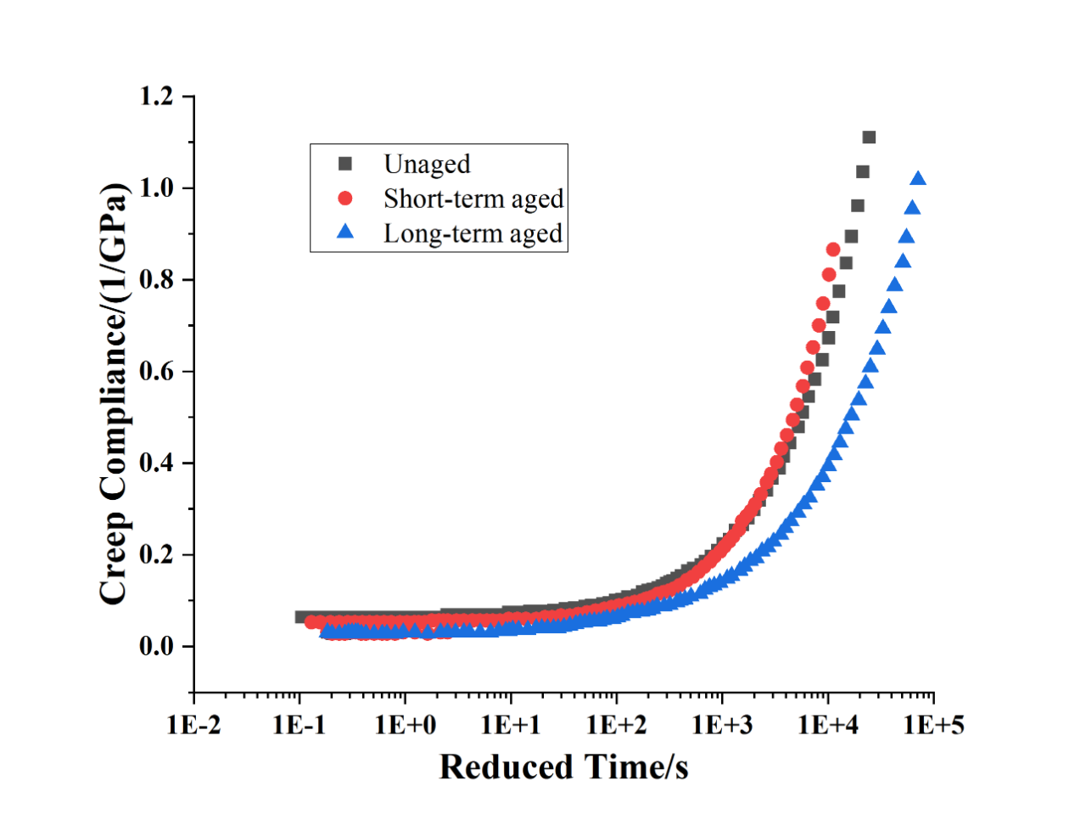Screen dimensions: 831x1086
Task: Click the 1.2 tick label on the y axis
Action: click(x=155, y=97)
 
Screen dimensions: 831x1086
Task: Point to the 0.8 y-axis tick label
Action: click(x=155, y=280)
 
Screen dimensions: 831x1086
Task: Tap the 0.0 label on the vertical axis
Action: click(x=155, y=647)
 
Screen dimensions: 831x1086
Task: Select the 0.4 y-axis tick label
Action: click(x=155, y=463)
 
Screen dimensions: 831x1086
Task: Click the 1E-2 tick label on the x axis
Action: click(x=193, y=725)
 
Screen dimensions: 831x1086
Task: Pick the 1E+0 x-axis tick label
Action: click(x=406, y=725)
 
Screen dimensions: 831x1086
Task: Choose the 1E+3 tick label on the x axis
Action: click(x=722, y=725)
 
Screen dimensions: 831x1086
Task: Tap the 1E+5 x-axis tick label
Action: click(x=933, y=725)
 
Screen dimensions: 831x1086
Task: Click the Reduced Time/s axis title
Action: click(x=563, y=767)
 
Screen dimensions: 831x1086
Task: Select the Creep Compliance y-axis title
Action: click(x=114, y=393)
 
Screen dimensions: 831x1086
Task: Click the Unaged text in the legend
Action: click(x=427, y=164)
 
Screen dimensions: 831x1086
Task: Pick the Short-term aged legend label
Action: click(x=473, y=199)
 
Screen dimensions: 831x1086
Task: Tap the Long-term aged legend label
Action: click(x=473, y=233)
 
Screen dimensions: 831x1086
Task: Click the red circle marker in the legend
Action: click(x=345, y=199)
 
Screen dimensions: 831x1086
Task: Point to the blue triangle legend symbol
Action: click(x=345, y=232)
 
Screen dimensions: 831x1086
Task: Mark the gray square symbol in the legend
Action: click(x=345, y=164)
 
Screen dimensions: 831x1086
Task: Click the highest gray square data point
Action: click(x=869, y=138)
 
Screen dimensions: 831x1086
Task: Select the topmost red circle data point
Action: click(x=833, y=250)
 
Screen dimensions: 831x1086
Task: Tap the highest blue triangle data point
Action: click(x=918, y=178)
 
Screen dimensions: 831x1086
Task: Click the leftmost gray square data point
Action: click(x=301, y=617)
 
